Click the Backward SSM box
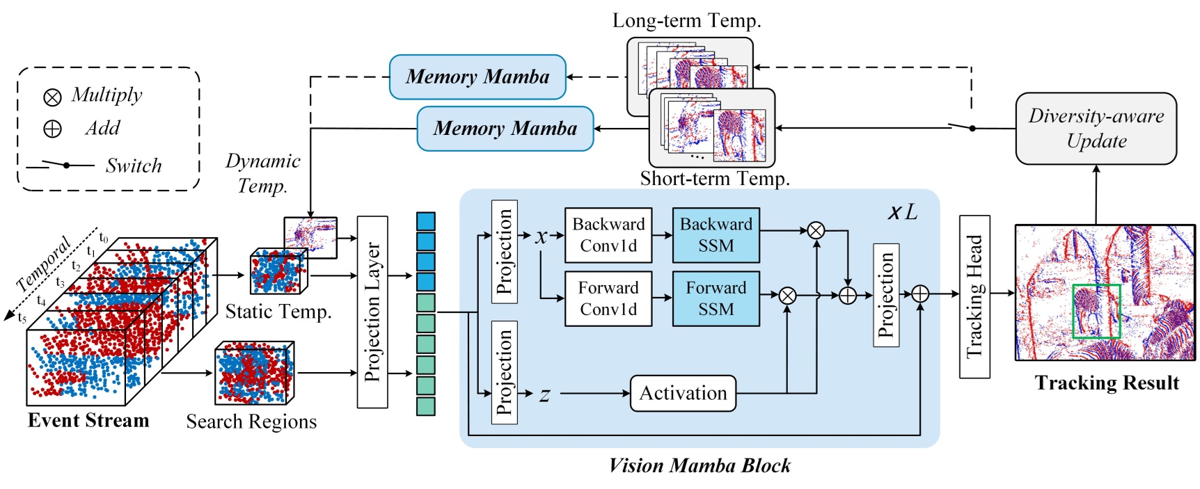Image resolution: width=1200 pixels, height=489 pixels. point(716,235)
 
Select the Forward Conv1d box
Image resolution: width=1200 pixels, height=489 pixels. point(608,298)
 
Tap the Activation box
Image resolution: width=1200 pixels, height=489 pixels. point(682,393)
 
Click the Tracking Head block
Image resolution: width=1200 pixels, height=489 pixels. point(974,297)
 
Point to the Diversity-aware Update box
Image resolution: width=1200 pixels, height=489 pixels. point(1096,129)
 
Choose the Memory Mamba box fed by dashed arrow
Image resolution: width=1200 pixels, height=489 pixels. point(477,77)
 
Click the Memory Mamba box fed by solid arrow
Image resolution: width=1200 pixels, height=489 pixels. point(505,129)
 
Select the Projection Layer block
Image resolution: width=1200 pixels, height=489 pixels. point(372,312)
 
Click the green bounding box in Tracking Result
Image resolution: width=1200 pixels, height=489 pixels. point(1096,311)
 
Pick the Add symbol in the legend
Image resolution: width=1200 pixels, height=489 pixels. point(52,129)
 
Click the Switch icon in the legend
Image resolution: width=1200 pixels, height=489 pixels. point(60,166)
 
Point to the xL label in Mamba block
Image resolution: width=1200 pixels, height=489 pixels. point(903,212)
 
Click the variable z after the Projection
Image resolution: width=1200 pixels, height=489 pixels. point(544,395)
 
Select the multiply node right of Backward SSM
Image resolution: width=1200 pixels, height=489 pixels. point(816,230)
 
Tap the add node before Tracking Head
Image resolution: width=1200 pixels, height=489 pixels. point(920,294)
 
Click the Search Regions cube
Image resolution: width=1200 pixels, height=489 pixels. point(254,374)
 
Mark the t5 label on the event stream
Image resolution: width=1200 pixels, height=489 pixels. point(22,319)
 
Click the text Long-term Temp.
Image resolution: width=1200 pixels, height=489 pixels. point(686,21)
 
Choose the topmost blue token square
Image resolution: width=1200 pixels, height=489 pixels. point(425,221)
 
